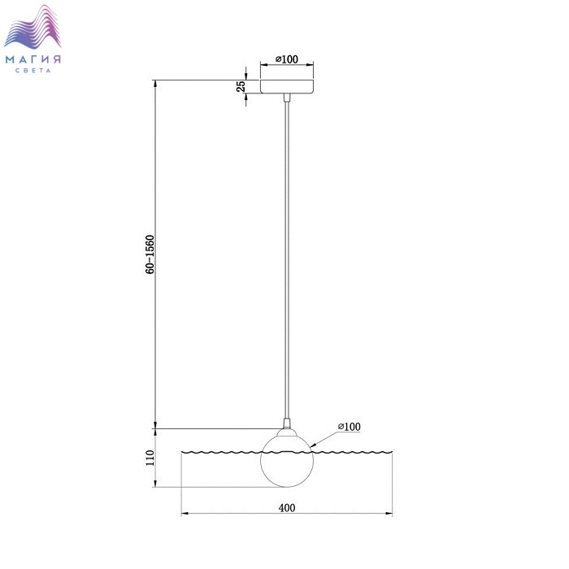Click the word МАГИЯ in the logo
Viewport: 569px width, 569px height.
point(33,59)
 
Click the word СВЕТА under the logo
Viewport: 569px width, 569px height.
point(33,71)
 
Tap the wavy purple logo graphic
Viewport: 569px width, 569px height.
point(33,26)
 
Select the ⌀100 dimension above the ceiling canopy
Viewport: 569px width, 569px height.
point(287,59)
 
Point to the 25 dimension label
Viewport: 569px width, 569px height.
point(241,86)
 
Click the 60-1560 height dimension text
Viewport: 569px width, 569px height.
point(150,254)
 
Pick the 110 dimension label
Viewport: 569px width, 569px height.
point(150,458)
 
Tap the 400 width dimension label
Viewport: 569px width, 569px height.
point(287,508)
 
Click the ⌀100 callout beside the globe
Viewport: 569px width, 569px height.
point(349,427)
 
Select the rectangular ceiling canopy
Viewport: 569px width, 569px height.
point(287,86)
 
